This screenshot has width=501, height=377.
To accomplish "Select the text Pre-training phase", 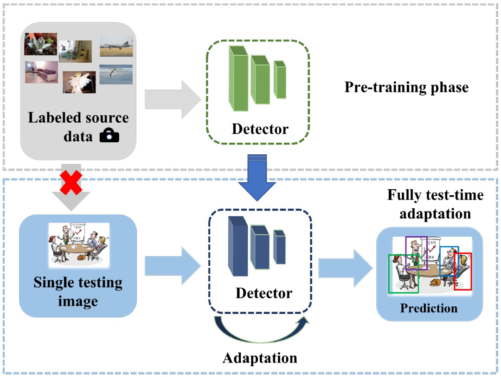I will click(406, 87).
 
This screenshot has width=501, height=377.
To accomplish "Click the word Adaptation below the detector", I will click(260, 357).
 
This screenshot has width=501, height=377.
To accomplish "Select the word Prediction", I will click(429, 308).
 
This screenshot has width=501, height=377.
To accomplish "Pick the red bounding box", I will click(462, 271).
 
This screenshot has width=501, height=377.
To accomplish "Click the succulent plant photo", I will click(40, 44).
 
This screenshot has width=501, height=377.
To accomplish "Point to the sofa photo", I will click(42, 73).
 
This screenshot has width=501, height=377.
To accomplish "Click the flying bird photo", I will click(116, 74).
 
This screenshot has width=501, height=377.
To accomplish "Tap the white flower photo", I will click(79, 82).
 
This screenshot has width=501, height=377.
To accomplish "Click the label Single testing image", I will click(78, 291).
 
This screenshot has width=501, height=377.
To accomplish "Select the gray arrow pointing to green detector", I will click(172, 99).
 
